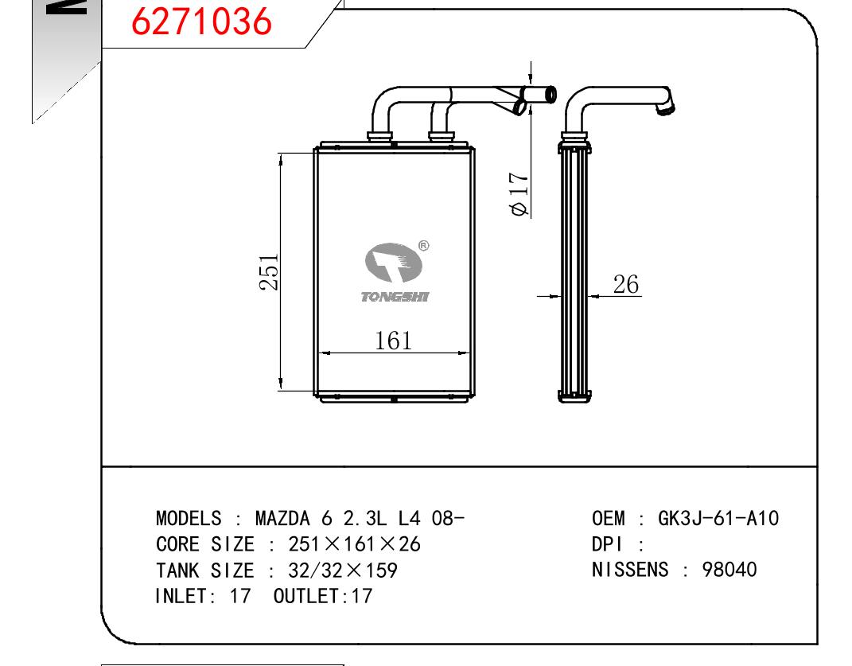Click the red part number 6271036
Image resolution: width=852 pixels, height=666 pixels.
click(201, 21)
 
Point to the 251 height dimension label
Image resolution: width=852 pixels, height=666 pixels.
click(269, 272)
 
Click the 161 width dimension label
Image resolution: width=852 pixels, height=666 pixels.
click(394, 341)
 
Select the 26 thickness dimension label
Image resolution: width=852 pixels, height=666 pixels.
click(625, 284)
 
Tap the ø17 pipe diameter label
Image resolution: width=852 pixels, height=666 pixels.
click(519, 194)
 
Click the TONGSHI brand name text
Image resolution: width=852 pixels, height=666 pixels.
click(395, 297)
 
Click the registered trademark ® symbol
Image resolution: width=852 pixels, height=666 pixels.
click(424, 246)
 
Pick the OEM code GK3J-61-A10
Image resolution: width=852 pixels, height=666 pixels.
click(718, 519)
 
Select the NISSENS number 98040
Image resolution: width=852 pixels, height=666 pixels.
click(729, 570)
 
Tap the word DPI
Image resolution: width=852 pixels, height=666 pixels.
click(606, 544)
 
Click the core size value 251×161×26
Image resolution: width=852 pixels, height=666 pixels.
click(354, 544)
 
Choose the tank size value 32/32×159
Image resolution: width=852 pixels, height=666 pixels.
click(343, 571)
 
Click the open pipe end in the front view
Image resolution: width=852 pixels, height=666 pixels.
click(550, 95)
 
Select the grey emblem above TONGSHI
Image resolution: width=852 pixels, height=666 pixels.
click(394, 263)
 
